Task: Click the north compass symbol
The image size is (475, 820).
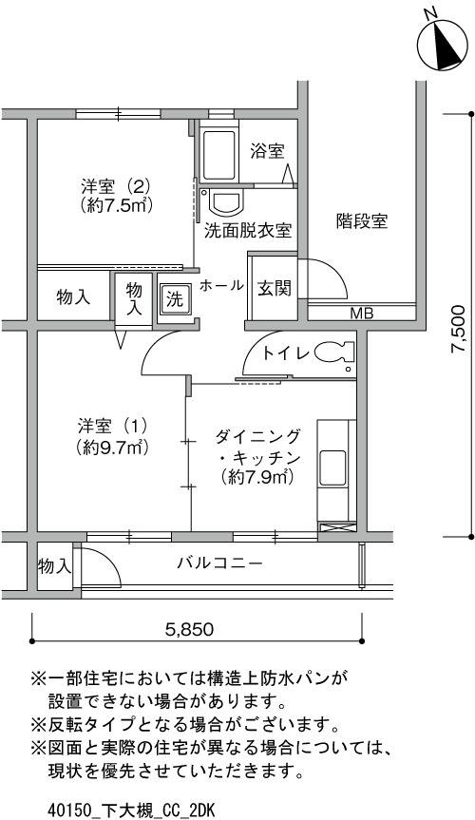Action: tap(442, 45)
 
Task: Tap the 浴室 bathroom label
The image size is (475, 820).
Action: tap(267, 152)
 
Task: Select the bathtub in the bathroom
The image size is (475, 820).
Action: tap(219, 155)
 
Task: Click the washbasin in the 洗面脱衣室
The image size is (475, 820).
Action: tap(226, 202)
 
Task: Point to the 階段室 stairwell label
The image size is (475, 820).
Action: tap(362, 221)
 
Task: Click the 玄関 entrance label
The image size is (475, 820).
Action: tap(275, 288)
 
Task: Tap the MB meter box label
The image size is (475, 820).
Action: tap(362, 314)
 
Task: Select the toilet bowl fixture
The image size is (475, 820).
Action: tap(335, 353)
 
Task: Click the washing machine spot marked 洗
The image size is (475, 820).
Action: tap(175, 300)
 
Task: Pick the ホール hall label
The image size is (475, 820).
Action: tap(221, 286)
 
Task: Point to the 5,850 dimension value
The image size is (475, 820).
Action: tap(189, 629)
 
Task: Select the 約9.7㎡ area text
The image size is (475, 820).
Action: tap(110, 448)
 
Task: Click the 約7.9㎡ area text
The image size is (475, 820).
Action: tap(256, 476)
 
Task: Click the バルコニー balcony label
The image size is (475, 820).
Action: tap(219, 563)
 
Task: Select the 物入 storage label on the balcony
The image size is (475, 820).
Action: tap(54, 566)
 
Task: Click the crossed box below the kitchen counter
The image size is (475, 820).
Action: tap(336, 526)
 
